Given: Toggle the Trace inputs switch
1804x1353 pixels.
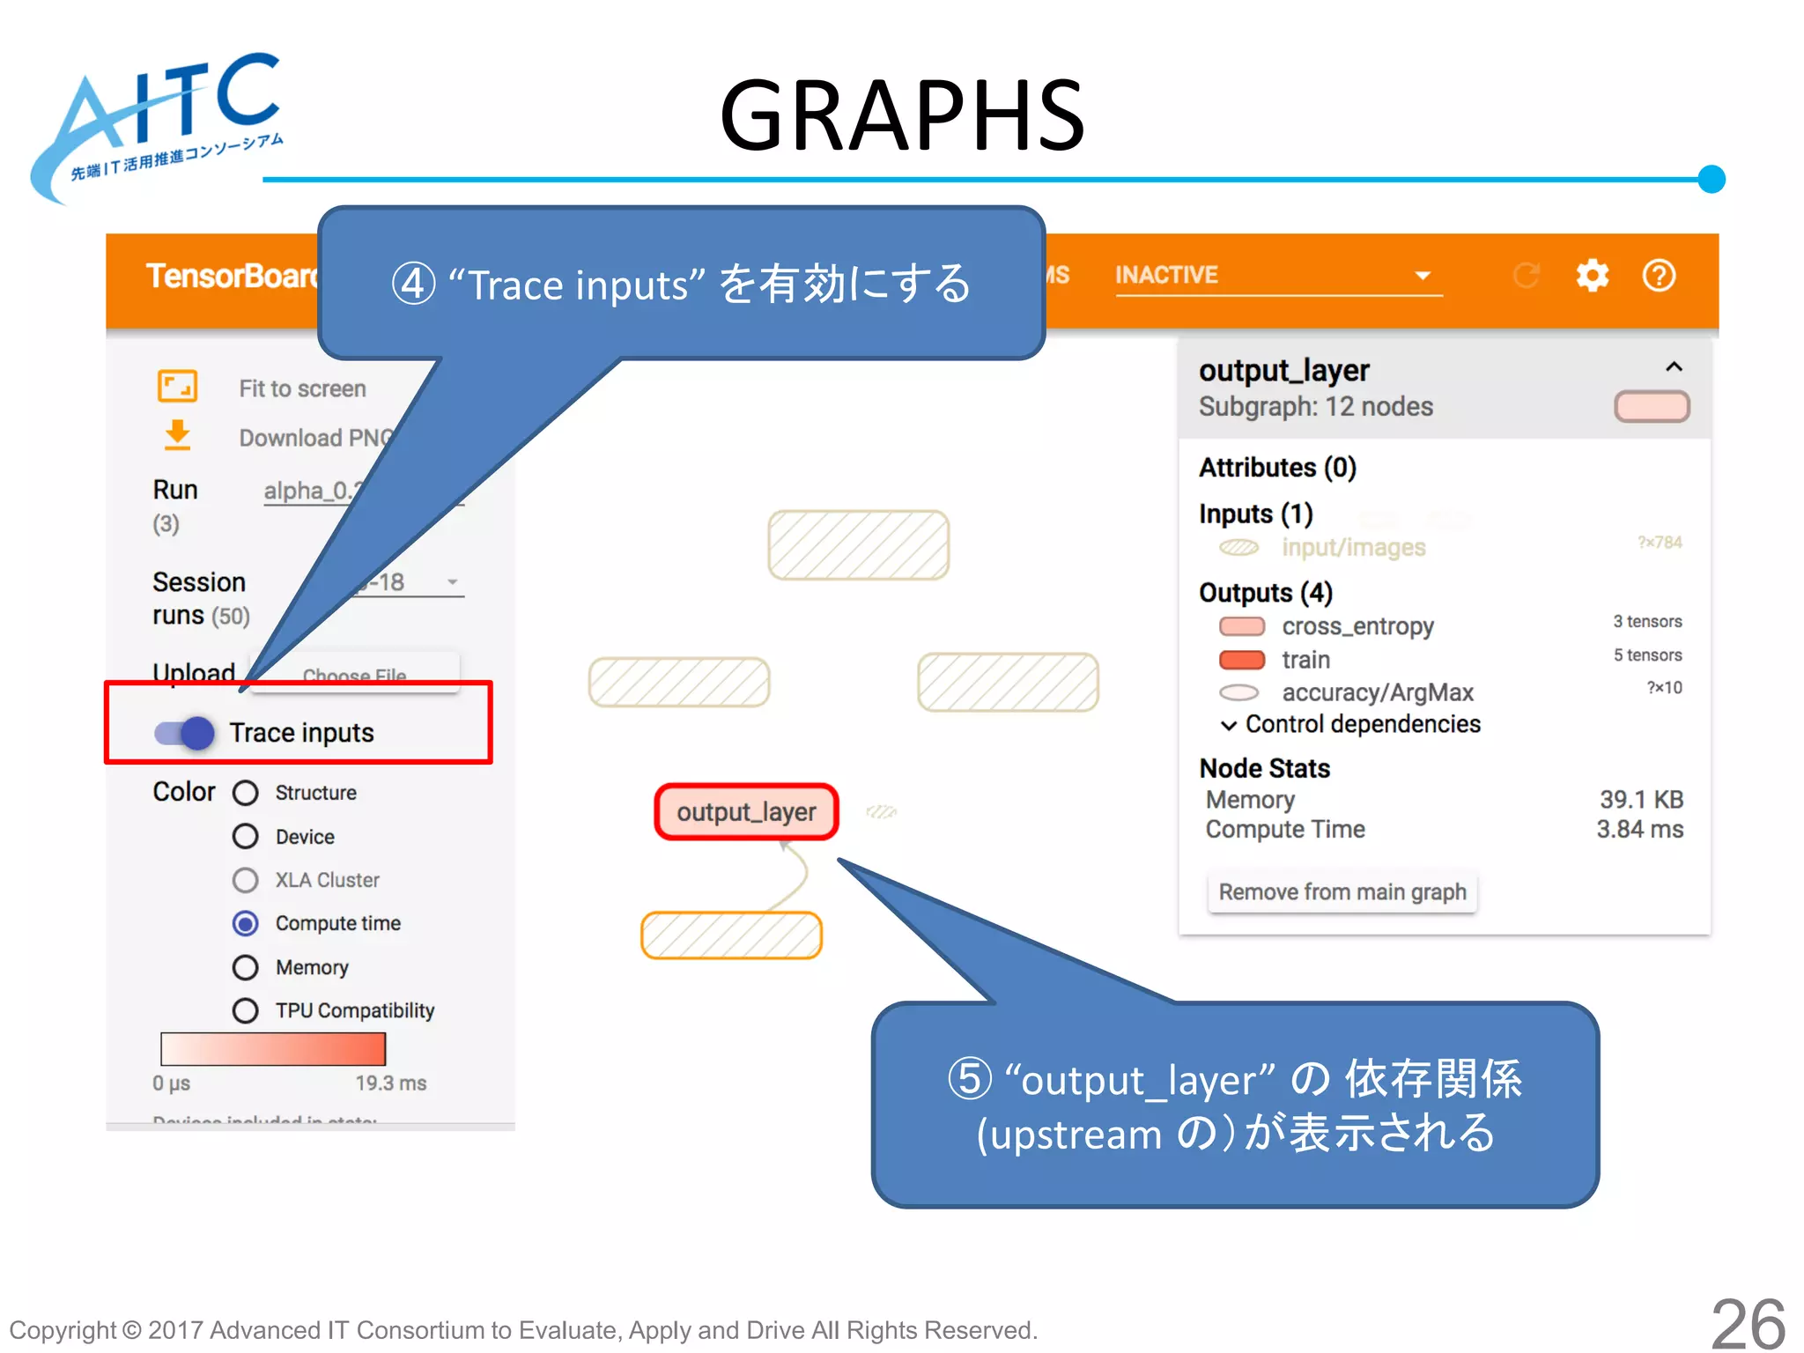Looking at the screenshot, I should click(x=185, y=733).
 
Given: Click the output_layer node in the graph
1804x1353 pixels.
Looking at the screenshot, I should click(x=746, y=811).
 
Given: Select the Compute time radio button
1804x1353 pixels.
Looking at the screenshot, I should click(x=246, y=923).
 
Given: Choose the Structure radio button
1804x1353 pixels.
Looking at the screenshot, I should click(x=246, y=793).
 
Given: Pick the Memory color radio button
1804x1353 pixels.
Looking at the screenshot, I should click(x=246, y=967).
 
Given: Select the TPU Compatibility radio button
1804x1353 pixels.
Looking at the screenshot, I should click(x=246, y=1010).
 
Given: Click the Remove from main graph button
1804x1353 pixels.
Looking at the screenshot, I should click(x=1342, y=892).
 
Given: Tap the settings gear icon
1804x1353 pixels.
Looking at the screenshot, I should click(x=1592, y=276).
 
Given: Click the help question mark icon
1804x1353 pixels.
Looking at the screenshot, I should click(x=1659, y=276).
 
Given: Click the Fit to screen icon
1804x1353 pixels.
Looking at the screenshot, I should click(x=177, y=387).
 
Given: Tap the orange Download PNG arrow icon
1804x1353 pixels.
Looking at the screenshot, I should click(x=177, y=435).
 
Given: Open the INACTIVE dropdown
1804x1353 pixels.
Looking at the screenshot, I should click(x=1277, y=276).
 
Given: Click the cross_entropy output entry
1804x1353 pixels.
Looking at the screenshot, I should click(x=1357, y=626).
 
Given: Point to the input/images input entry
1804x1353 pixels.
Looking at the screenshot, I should click(x=1352, y=548).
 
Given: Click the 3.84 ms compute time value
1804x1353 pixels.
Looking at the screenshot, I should click(x=1639, y=830).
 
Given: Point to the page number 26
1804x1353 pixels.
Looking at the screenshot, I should click(x=1747, y=1324).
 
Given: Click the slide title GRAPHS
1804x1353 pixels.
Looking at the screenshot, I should click(x=902, y=115).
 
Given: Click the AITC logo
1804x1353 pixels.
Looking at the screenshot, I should click(x=159, y=123).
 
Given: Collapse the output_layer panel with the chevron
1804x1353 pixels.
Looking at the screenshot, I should click(x=1674, y=367).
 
